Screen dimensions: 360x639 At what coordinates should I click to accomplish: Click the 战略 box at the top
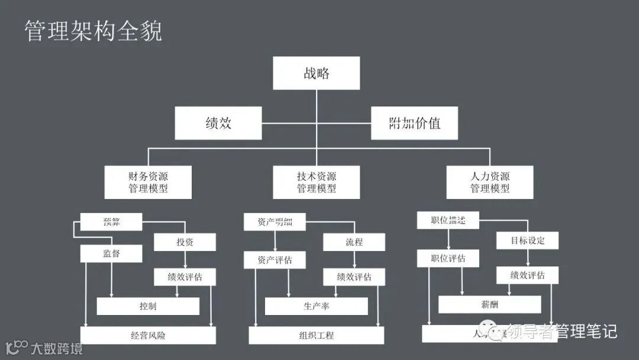(x=316, y=73)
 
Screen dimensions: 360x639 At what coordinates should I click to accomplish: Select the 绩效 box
(x=218, y=123)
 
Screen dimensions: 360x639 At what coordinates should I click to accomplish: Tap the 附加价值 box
(x=414, y=123)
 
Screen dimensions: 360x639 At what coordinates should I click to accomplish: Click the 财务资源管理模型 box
(x=148, y=182)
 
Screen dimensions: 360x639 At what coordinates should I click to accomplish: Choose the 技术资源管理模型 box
(x=316, y=182)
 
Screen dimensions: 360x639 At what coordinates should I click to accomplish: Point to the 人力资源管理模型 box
(x=489, y=182)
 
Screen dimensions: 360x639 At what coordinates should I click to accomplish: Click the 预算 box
(x=111, y=222)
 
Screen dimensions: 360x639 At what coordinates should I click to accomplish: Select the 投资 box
(x=185, y=242)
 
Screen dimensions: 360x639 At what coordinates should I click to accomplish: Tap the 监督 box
(x=111, y=253)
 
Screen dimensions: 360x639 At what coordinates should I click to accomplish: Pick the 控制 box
(x=148, y=306)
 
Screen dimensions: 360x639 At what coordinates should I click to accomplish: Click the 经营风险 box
(x=148, y=335)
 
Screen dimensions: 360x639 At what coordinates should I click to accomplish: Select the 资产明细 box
(x=275, y=222)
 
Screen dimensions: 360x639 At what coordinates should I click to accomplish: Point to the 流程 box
(x=354, y=242)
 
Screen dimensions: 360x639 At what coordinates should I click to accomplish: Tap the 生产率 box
(x=316, y=306)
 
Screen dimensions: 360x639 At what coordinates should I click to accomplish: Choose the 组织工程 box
(x=316, y=335)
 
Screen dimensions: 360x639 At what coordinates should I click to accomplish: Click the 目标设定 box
(x=527, y=240)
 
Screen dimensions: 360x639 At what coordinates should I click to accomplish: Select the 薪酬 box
(x=489, y=304)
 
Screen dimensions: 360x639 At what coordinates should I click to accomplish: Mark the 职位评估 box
(x=448, y=258)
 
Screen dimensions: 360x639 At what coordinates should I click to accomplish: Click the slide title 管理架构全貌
(x=93, y=31)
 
